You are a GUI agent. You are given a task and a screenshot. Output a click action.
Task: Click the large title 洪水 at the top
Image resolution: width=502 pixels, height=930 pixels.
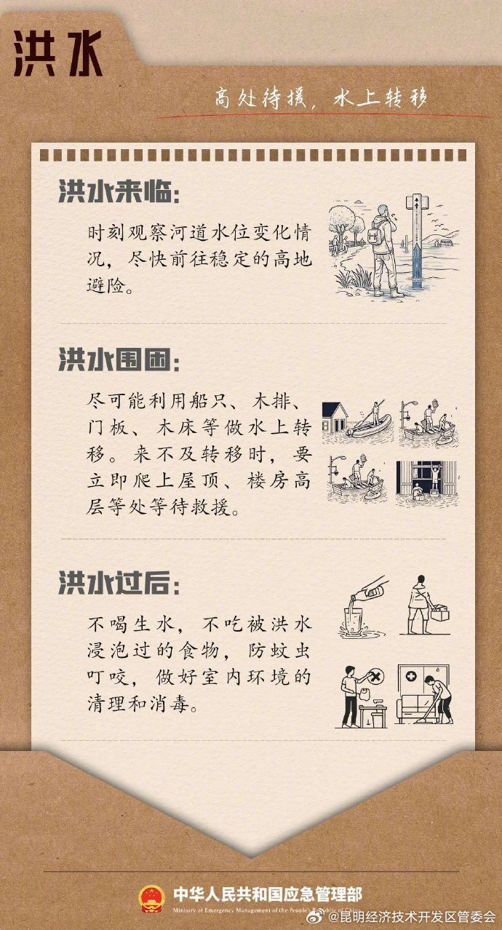point(58,55)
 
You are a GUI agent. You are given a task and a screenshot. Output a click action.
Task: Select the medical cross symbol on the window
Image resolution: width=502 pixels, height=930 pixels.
point(412,676)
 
